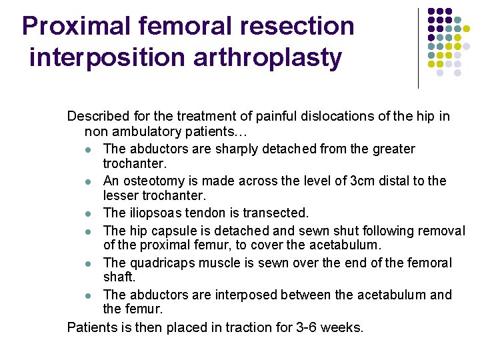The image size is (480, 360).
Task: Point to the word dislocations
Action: [315, 117]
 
